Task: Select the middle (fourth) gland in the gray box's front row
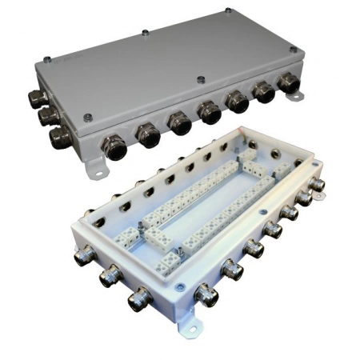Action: point(210,112)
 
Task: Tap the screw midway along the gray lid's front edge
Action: point(199,80)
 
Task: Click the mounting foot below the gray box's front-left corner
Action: point(95,168)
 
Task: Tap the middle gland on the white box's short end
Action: point(108,278)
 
